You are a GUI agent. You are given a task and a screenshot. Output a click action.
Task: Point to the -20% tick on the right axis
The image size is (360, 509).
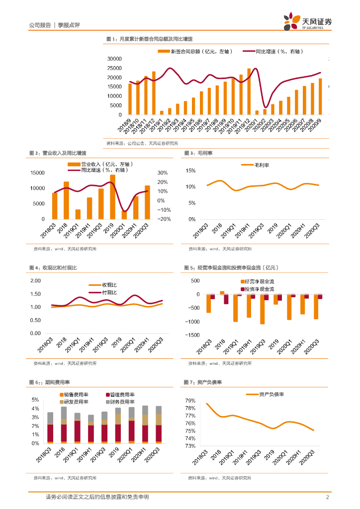pyautogui.click(x=164, y=219)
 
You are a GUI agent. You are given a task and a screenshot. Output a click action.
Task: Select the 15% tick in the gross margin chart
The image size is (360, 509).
pyautogui.click(x=191, y=170)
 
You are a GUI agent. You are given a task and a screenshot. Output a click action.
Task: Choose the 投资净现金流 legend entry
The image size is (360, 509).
pyautogui.click(x=258, y=289)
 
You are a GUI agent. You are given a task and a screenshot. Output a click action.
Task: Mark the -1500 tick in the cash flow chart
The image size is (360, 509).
pyautogui.click(x=191, y=335)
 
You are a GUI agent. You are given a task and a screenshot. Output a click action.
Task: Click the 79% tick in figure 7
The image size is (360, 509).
pyautogui.click(x=191, y=401)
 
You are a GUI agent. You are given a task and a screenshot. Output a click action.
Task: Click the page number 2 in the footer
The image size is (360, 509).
pyautogui.click(x=327, y=497)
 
